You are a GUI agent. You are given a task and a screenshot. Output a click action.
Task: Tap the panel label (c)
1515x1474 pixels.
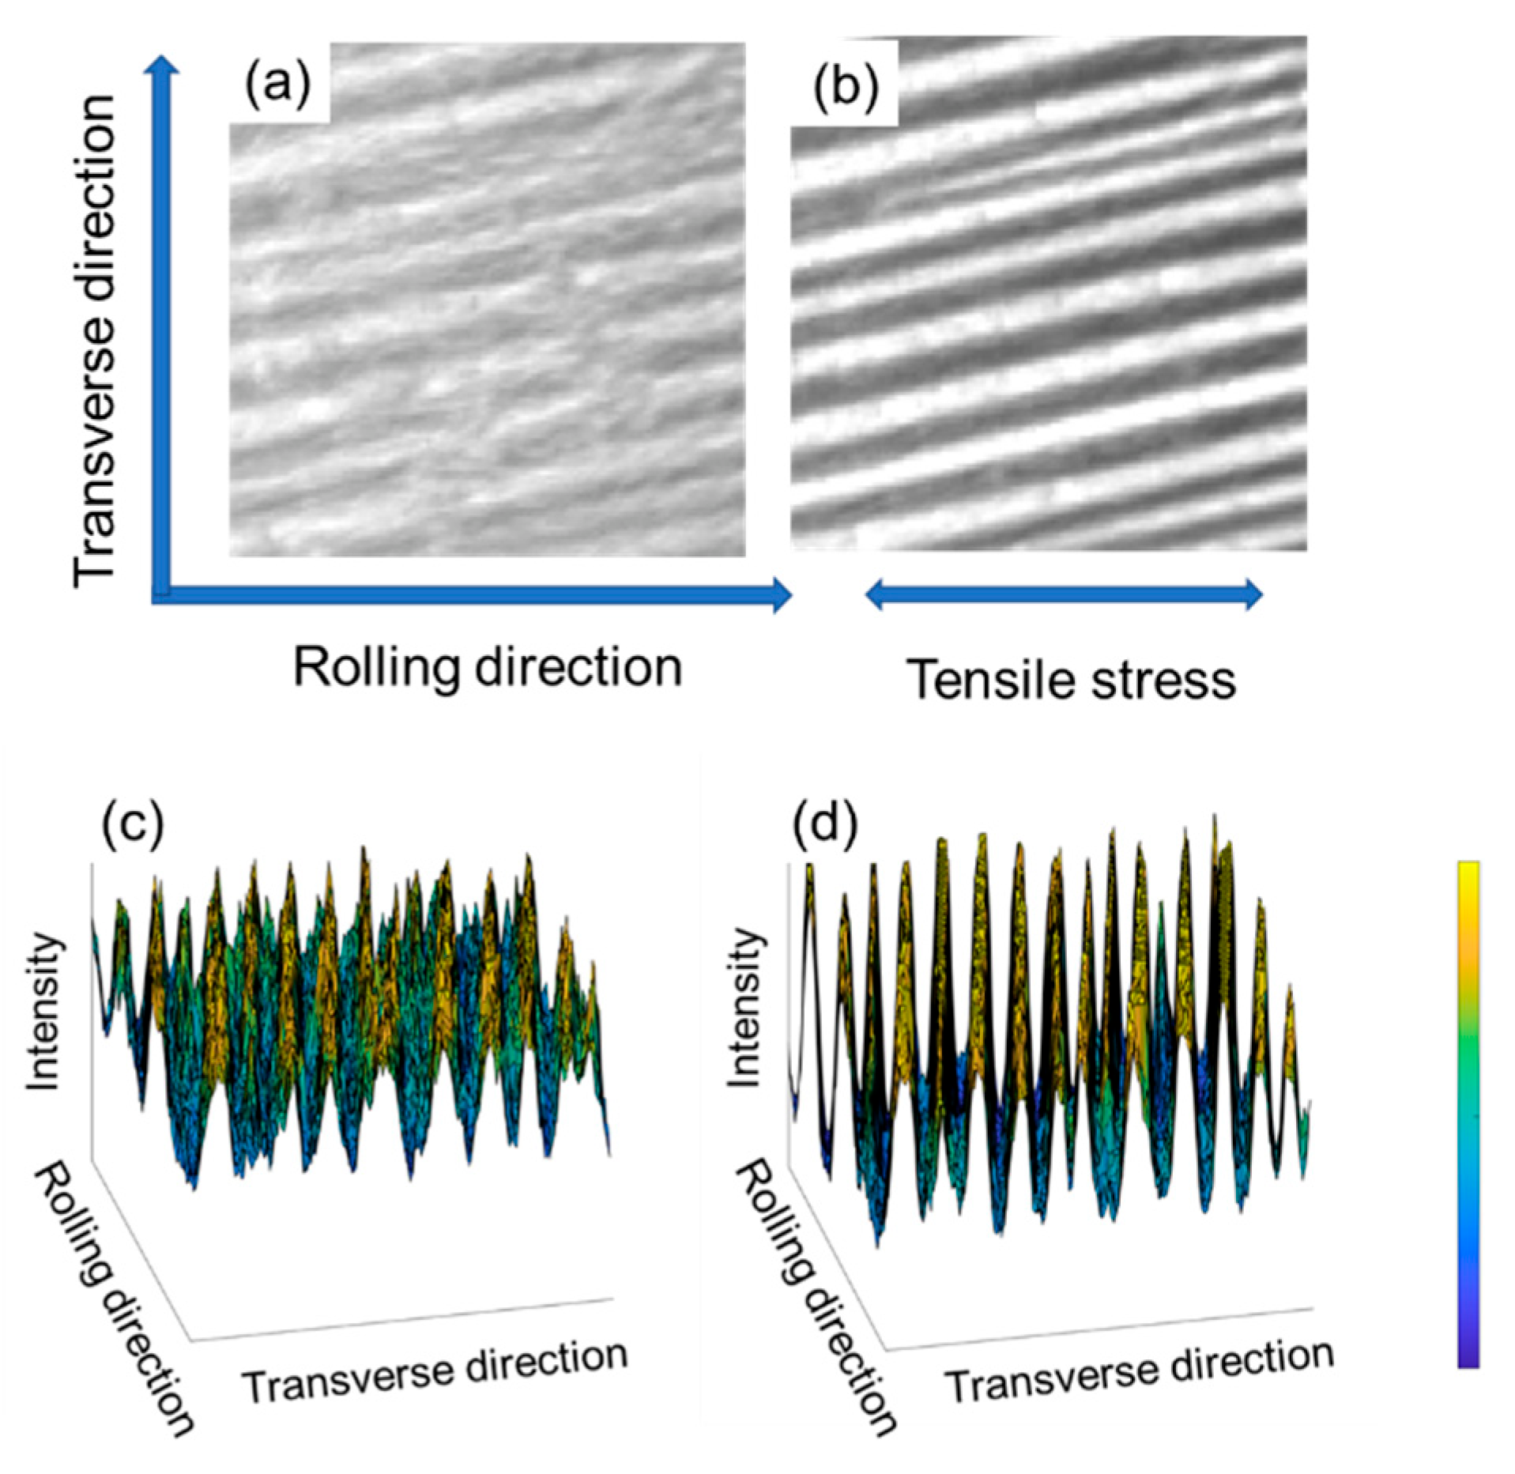(132, 824)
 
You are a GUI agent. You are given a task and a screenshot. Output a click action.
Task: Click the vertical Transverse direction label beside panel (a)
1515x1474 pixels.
(95, 340)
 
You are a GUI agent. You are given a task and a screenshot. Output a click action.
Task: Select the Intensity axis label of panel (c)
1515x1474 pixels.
(43, 1012)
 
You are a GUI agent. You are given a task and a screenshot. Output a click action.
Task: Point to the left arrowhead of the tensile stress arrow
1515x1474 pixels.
(875, 594)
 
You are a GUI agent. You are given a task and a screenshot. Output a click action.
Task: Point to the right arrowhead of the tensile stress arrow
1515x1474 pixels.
(1253, 594)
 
